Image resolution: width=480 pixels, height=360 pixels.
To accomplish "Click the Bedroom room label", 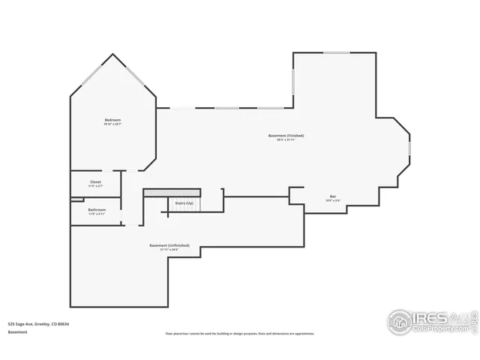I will coord(112,120).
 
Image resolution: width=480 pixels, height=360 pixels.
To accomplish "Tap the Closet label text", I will coord(95,181).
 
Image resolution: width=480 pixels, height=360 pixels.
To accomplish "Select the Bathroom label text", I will coord(97,209).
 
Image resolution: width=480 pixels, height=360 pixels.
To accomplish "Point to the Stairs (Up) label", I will coord(184,203).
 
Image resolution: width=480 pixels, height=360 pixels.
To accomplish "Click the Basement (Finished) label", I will coord(286,135).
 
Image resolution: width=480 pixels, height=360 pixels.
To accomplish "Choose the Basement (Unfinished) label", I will coord(169,245).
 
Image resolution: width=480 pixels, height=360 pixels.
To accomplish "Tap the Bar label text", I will coord(331,196).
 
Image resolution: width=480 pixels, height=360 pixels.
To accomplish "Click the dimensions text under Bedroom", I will coord(112,124).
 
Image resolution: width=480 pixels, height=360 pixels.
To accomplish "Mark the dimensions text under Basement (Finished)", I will coord(286,139).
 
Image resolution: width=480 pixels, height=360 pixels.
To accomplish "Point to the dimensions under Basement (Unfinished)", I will coord(169,250).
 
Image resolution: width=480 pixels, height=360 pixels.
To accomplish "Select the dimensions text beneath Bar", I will coord(331,201).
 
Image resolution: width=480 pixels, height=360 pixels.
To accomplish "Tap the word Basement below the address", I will coord(17,331).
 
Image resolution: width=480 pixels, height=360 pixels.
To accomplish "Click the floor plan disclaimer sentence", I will coord(239,333).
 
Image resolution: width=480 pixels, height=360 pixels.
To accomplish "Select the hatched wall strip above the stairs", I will coord(172,193).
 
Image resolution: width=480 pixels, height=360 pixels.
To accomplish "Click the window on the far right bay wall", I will coord(409,148).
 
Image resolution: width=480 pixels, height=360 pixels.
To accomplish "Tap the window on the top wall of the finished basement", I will coord(336,52).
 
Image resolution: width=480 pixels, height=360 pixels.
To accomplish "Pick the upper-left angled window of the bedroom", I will coord(91,75).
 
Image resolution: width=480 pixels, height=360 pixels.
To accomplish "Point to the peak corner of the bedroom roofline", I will coord(113,54).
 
